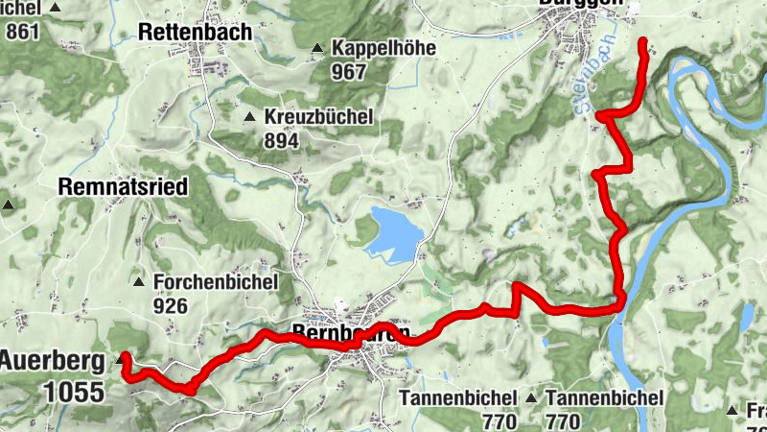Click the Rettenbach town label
click(x=196, y=32)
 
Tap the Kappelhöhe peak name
click(x=383, y=47)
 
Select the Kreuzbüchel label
click(x=320, y=117)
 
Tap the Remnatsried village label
click(x=122, y=186)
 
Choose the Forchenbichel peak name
click(x=216, y=282)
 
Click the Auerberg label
click(x=52, y=363)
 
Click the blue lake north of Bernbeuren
click(x=391, y=234)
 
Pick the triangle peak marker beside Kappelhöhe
click(x=316, y=48)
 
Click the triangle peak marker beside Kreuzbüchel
click(x=250, y=118)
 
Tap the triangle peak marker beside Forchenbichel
click(x=140, y=283)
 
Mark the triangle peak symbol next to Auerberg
click(x=122, y=360)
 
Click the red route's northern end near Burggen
click(x=641, y=40)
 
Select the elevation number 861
click(x=23, y=31)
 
